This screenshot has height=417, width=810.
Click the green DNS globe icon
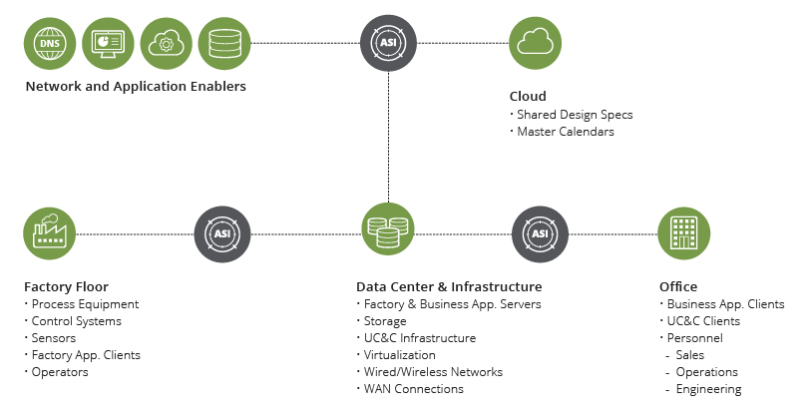click(x=48, y=43)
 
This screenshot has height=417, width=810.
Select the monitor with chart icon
click(x=107, y=43)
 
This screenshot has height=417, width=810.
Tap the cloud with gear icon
click(x=166, y=43)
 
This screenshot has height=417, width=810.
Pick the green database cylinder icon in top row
click(x=223, y=43)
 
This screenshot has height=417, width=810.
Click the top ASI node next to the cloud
click(x=387, y=43)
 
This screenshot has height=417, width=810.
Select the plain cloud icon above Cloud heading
click(x=536, y=43)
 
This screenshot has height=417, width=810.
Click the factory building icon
click(x=49, y=233)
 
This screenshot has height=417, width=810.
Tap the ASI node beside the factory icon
click(x=221, y=233)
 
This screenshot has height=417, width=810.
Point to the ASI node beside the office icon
click(x=539, y=233)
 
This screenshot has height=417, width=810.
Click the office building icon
click(x=684, y=233)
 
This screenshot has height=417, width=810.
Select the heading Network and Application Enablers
click(x=135, y=87)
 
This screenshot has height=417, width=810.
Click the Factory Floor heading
click(x=65, y=286)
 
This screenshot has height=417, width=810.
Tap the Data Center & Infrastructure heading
click(x=449, y=286)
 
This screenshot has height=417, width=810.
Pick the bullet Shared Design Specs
click(x=574, y=115)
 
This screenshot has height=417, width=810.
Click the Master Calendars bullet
click(x=565, y=132)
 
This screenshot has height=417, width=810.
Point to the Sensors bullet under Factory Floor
click(x=55, y=338)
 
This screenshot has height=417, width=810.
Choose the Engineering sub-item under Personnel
click(x=708, y=389)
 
